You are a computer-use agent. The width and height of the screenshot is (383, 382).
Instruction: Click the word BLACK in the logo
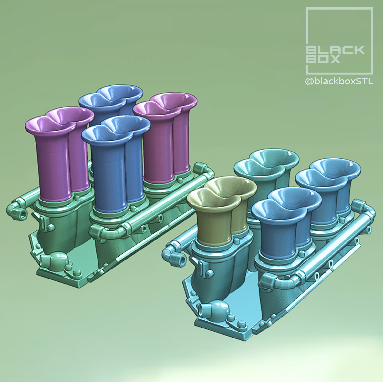(335, 50)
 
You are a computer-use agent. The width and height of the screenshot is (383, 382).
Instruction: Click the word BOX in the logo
(323, 59)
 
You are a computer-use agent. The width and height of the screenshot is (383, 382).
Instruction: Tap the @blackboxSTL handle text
(339, 82)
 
